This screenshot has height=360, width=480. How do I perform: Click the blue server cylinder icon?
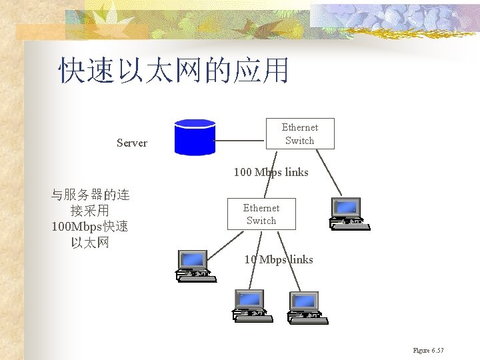click(x=194, y=137)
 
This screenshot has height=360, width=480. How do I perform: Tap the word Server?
click(x=132, y=143)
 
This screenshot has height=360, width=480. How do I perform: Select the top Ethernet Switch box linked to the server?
click(x=299, y=134)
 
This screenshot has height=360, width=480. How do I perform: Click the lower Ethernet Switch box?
click(x=261, y=214)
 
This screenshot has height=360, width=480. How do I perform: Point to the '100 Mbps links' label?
click(x=271, y=172)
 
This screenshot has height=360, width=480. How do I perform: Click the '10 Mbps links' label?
click(x=278, y=259)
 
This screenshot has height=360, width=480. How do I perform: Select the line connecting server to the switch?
click(x=240, y=141)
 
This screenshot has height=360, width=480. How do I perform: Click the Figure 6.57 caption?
click(x=428, y=351)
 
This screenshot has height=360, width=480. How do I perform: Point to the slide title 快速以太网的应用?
click(x=173, y=70)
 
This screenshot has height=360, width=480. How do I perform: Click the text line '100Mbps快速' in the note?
click(x=90, y=227)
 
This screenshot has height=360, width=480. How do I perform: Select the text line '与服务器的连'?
click(x=90, y=195)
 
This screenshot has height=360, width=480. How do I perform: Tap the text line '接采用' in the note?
click(x=90, y=211)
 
